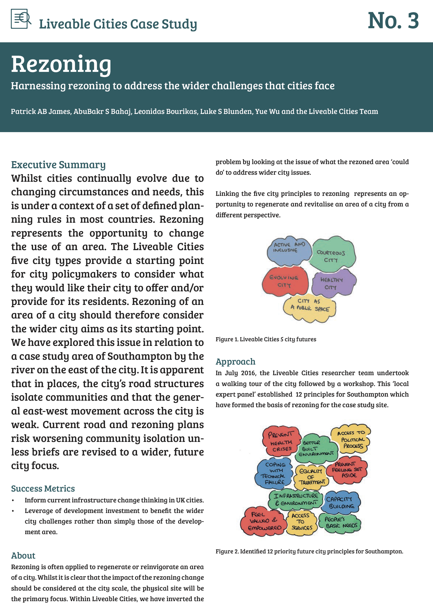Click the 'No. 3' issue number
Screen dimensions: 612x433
(393, 21)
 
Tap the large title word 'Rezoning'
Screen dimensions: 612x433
(61, 64)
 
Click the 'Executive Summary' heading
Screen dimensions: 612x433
(58, 165)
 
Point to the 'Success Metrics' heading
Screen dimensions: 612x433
(43, 489)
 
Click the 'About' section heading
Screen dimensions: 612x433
(23, 556)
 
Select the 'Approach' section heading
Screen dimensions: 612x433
(235, 362)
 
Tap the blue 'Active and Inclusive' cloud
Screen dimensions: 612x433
(289, 250)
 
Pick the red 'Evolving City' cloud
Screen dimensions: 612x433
(285, 282)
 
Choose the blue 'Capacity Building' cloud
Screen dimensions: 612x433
(341, 503)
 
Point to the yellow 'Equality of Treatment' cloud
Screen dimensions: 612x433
(311, 476)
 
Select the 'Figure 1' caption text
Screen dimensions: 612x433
(266, 339)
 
